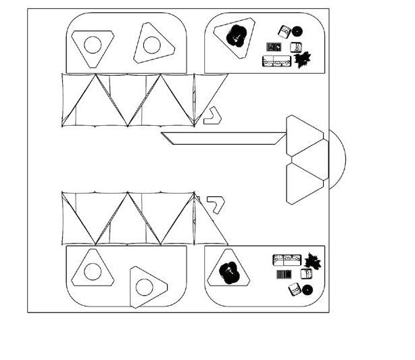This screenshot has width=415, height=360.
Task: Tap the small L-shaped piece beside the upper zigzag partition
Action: [213, 116]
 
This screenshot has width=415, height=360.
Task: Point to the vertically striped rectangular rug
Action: [285, 275]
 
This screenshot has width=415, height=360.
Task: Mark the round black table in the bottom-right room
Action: [308, 290]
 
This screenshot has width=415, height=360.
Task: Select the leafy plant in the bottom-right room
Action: [312, 260]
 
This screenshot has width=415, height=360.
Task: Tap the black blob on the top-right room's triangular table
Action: [237, 36]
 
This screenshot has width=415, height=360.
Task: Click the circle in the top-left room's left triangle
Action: [92, 45]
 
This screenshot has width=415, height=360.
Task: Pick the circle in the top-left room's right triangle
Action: [151, 45]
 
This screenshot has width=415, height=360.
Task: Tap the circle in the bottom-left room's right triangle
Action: [143, 287]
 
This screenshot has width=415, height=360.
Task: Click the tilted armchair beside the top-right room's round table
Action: [285, 31]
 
